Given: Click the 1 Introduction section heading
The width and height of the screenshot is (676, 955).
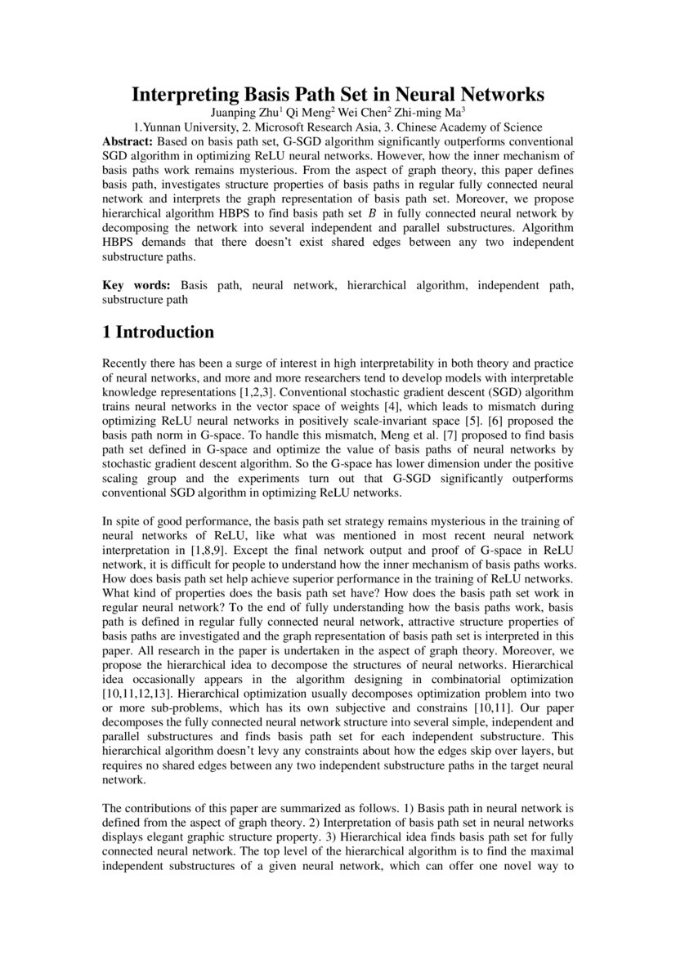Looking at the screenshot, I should click(x=158, y=332).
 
